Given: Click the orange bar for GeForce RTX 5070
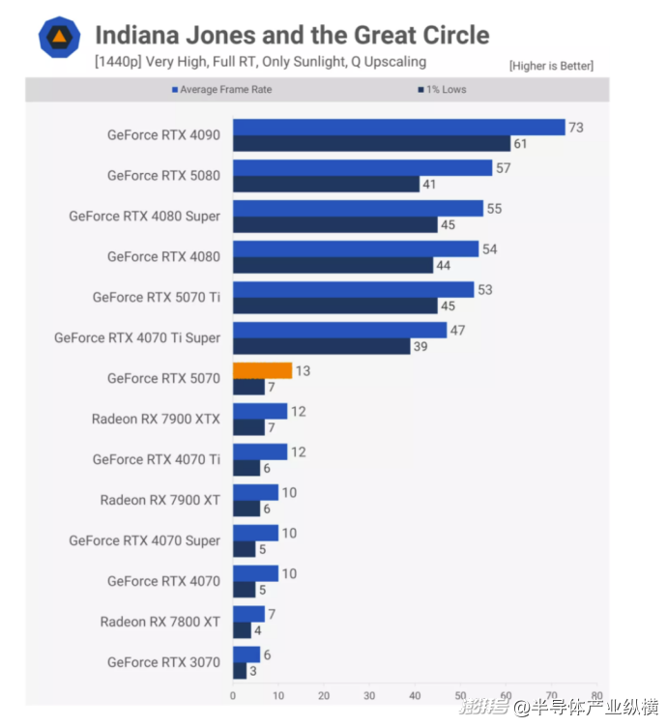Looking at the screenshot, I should click(x=262, y=370).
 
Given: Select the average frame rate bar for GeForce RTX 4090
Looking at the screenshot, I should click(x=398, y=128).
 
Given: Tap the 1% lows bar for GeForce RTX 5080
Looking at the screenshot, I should click(x=326, y=184).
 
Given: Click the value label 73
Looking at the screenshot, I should click(x=576, y=128).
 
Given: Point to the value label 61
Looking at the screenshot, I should click(x=521, y=144).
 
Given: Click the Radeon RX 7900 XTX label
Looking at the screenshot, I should click(x=156, y=419).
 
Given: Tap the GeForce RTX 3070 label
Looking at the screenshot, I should click(x=163, y=662).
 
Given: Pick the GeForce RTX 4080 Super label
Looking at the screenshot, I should click(x=144, y=216).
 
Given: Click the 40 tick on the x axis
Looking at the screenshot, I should click(x=415, y=695).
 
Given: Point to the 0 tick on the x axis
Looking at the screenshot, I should click(x=233, y=695).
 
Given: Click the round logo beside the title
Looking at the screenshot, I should click(x=59, y=38).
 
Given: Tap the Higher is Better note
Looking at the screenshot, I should click(x=551, y=66).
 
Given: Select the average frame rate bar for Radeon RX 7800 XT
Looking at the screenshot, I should click(x=248, y=614).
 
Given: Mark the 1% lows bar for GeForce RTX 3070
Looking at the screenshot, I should click(x=240, y=671).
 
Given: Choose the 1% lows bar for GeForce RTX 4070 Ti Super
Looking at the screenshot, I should click(x=321, y=346).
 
